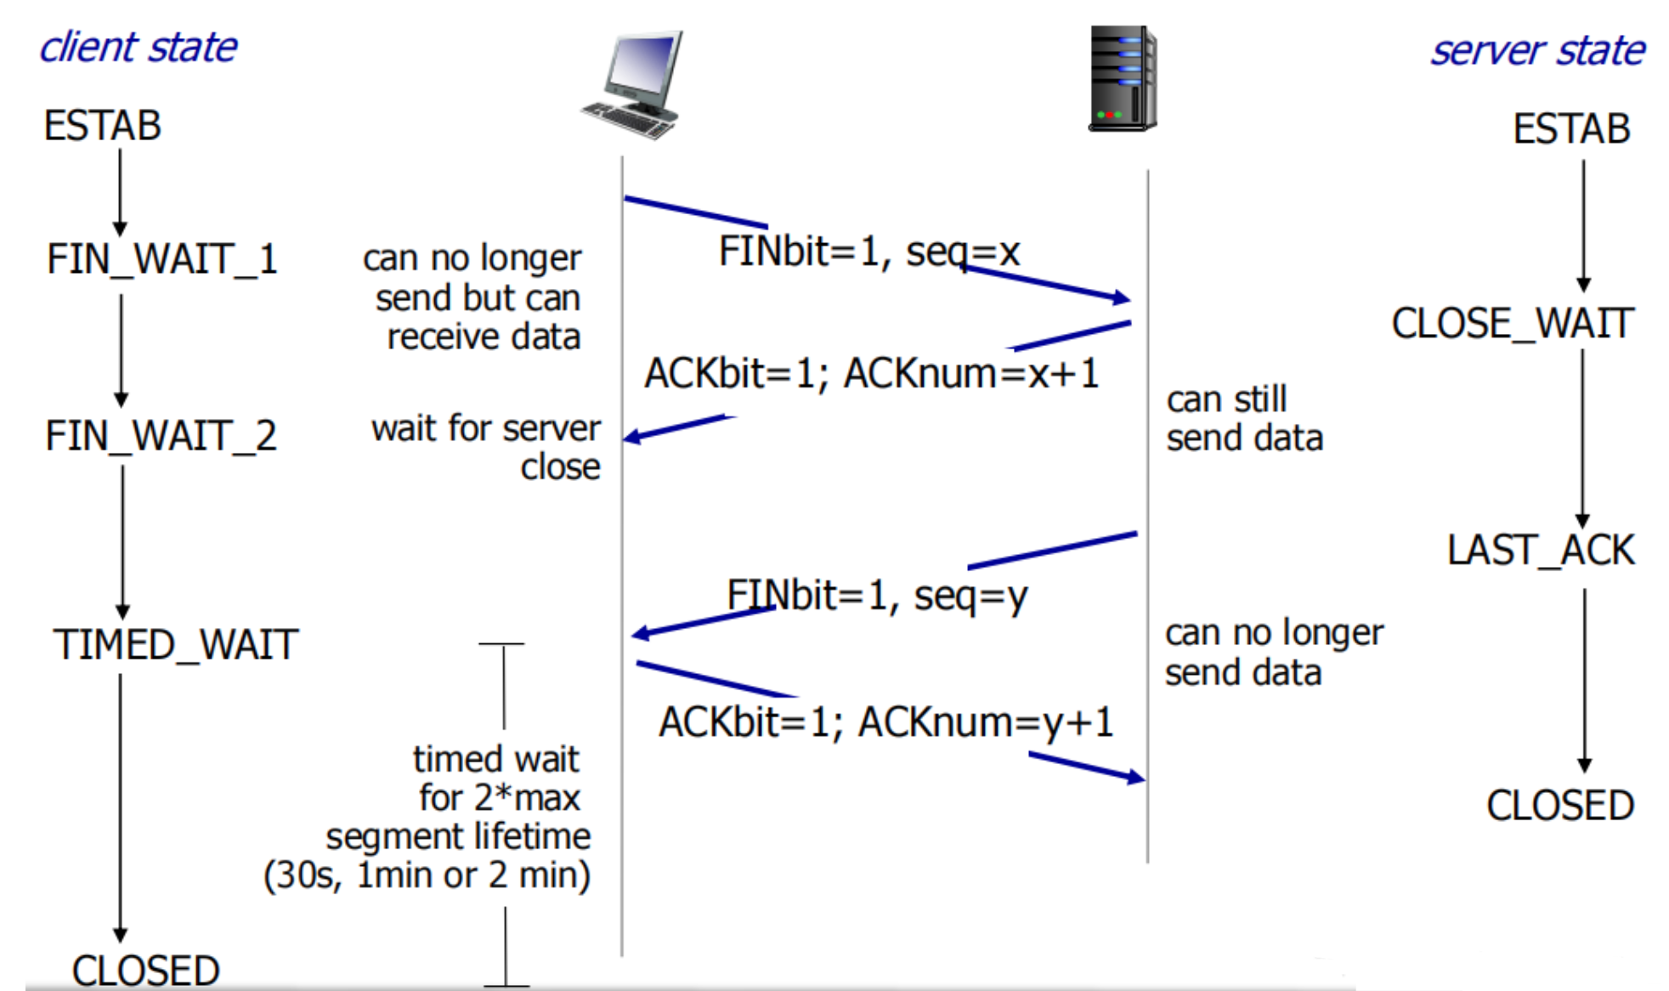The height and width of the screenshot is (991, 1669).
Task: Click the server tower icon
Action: pos(1123,78)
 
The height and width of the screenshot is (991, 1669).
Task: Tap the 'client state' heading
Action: pos(139,48)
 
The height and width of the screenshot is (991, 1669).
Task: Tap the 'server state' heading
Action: pos(1537,51)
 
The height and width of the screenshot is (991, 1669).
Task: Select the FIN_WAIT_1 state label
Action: pos(162,259)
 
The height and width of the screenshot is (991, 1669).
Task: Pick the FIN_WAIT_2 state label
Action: pos(161,436)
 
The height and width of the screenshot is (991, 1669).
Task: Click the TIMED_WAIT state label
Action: pos(176,644)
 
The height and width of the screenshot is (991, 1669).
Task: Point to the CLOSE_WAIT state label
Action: pos(1513,324)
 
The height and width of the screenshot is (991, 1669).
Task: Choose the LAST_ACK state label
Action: pos(1541,550)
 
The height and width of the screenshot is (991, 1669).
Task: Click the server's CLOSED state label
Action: pos(1560,805)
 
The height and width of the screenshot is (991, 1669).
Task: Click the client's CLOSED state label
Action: pos(146,971)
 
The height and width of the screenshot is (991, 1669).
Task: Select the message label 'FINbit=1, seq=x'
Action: pos(868,252)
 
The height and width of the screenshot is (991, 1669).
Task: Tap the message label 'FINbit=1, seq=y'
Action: pos(877,595)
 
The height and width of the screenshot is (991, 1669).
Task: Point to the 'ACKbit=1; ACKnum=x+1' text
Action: pos(872,374)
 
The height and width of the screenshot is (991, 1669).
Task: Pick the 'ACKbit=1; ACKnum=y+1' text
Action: pos(885,722)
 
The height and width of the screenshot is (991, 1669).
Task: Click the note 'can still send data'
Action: pos(1244,419)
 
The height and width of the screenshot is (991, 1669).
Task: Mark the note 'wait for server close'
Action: pos(486,447)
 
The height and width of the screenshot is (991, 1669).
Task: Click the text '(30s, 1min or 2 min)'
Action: pos(427,875)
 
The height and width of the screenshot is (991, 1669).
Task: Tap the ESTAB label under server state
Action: pos(1571,129)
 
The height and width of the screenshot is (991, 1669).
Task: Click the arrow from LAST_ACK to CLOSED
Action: pos(1585,680)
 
